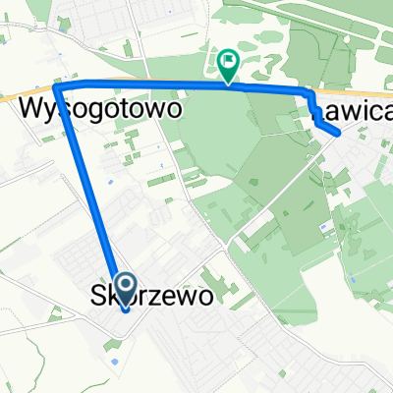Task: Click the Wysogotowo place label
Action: (x=99, y=110)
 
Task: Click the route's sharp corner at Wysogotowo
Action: (x=58, y=87)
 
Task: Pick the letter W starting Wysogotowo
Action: (x=30, y=110)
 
